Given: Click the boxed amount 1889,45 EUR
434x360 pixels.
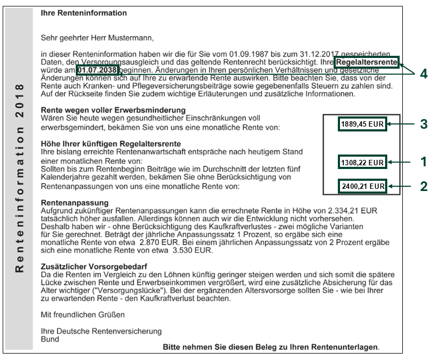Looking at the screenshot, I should pyautogui.click(x=363, y=124).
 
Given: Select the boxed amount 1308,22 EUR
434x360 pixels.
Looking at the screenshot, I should pyautogui.click(x=363, y=161).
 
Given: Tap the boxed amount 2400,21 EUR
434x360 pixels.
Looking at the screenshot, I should pyautogui.click(x=363, y=187).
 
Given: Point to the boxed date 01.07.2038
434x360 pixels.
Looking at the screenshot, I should pyautogui.click(x=97, y=70).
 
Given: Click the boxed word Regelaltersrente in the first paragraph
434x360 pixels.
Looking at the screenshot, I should pyautogui.click(x=367, y=63).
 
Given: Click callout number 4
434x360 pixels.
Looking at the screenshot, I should pyautogui.click(x=424, y=74).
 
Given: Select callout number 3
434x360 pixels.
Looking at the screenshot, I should pyautogui.click(x=424, y=124).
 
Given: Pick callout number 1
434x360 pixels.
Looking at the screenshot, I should pyautogui.click(x=424, y=161).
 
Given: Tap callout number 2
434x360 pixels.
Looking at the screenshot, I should pyautogui.click(x=424, y=186).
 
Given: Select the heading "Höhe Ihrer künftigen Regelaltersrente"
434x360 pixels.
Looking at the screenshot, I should pyautogui.click(x=111, y=144).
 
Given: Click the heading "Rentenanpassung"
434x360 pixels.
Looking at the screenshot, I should pyautogui.click(x=75, y=203).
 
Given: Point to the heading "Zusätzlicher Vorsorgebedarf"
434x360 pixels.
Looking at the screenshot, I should pyautogui.click(x=94, y=266).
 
